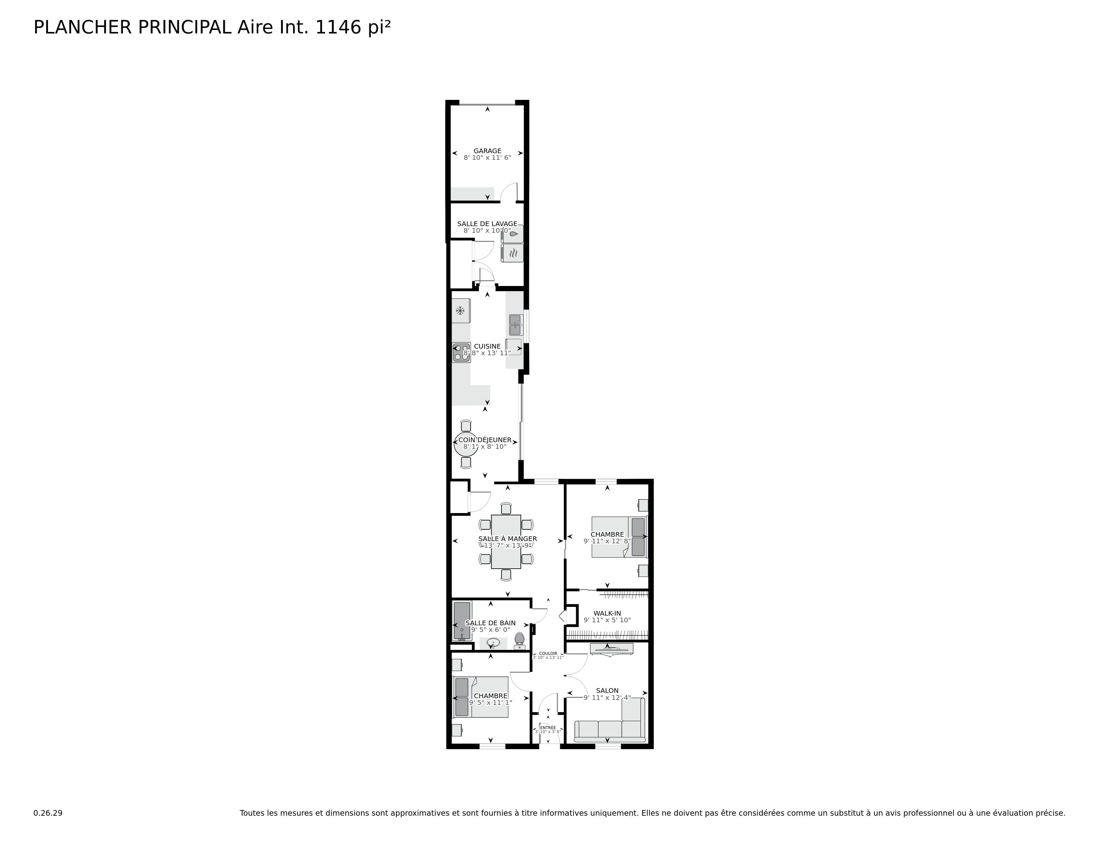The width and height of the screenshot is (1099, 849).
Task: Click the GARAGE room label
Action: click(x=487, y=151)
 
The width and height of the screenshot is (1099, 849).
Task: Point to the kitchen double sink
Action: click(x=515, y=325)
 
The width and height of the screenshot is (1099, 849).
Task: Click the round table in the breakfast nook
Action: click(x=466, y=444)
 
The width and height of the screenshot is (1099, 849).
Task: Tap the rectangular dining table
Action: click(x=506, y=542)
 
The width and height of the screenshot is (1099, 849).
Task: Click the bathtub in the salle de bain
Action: click(x=462, y=620)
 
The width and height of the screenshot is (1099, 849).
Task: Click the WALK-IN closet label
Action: click(x=607, y=613)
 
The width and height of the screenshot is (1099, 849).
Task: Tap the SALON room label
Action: click(x=607, y=691)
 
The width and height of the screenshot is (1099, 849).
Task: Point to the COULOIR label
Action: click(x=548, y=653)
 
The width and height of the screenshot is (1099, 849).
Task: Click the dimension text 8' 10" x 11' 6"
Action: click(x=487, y=158)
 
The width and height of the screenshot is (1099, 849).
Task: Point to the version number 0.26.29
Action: click(x=48, y=813)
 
